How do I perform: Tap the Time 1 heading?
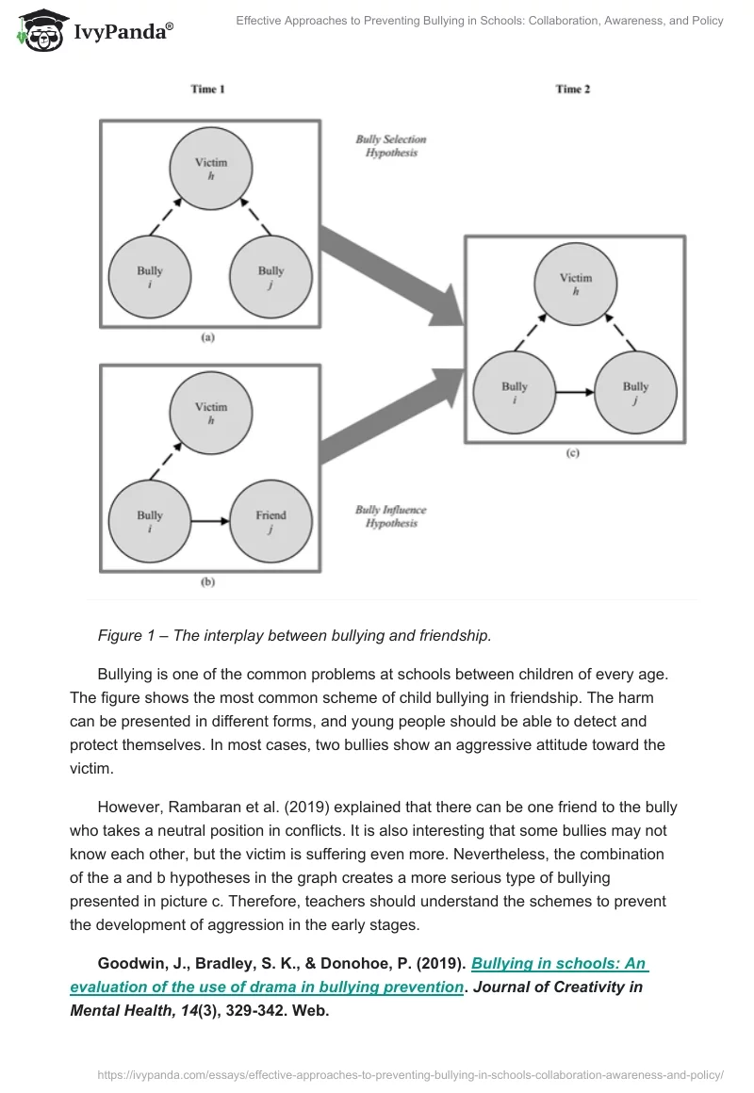(207, 90)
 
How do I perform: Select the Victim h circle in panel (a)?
(211, 169)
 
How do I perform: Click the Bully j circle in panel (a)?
(270, 277)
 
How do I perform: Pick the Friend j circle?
(270, 521)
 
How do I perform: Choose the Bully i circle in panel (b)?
(150, 521)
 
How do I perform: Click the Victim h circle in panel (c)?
(576, 284)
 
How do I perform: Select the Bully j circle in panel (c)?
(635, 392)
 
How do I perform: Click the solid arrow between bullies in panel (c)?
(575, 392)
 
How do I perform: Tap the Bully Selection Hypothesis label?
(390, 146)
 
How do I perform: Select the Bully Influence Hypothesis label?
(390, 516)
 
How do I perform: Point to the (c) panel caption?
(572, 453)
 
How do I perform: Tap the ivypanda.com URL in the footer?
(409, 1073)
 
